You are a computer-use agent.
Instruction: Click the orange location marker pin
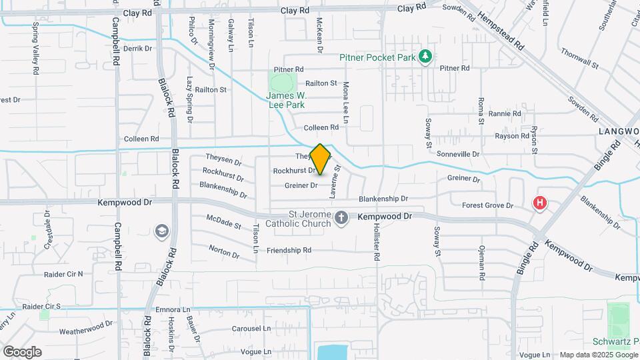coord(321,160)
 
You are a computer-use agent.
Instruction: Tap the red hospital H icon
coord(540,203)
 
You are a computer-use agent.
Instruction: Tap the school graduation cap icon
coord(161,231)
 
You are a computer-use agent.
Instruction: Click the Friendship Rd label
coord(289,251)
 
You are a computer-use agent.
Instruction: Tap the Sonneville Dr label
coord(458,154)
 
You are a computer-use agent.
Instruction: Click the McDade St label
coord(223,221)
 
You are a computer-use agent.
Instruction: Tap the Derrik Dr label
coord(138,48)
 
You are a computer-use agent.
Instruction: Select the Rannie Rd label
coord(504,114)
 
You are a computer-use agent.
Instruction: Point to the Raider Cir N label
coord(63,274)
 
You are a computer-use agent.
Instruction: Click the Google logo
coord(22,352)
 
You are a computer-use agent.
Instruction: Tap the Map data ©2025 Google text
coord(597,355)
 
